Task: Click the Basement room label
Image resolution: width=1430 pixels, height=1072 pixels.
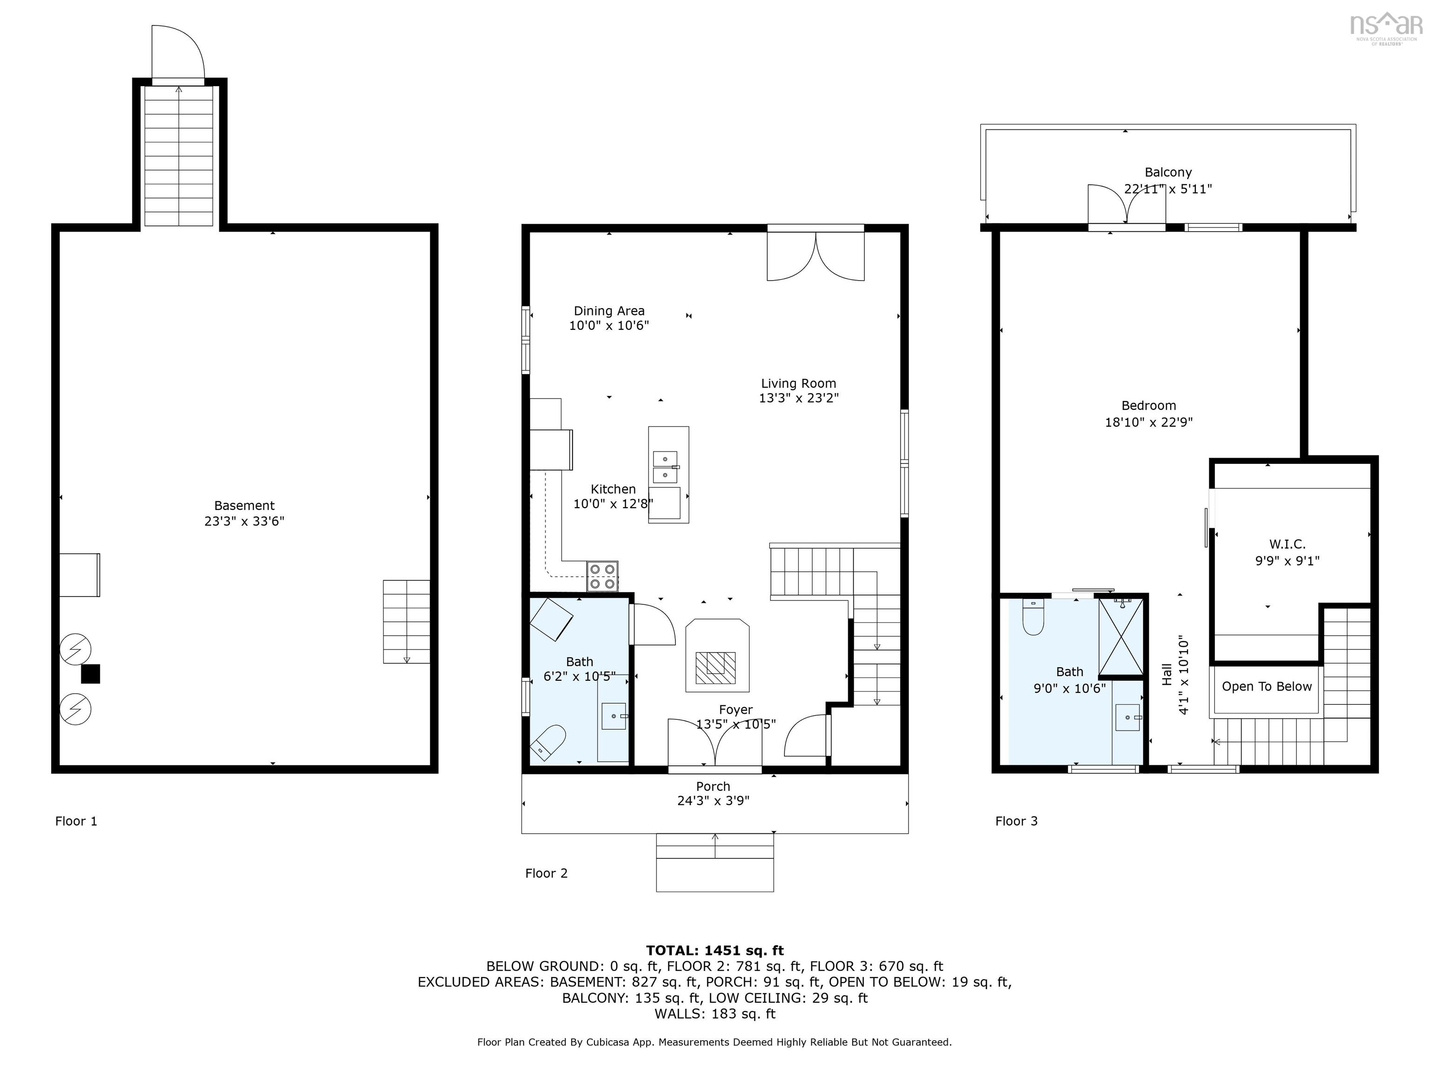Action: [x=244, y=506]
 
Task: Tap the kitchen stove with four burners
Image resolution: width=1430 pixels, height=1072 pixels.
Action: [x=602, y=576]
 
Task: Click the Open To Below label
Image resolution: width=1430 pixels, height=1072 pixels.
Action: [x=1267, y=687]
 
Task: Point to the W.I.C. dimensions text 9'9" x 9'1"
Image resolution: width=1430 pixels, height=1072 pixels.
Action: [x=1287, y=561]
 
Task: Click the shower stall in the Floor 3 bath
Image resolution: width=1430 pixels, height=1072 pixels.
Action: [x=1121, y=637]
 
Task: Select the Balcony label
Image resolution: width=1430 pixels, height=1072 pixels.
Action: [x=1167, y=173]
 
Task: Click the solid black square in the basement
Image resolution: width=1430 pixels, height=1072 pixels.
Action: [x=90, y=674]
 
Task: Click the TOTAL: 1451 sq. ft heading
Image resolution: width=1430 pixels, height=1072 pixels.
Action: [x=715, y=951]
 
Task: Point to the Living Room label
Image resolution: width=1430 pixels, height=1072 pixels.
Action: [x=798, y=384]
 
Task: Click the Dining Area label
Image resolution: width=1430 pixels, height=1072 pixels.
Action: [x=609, y=311]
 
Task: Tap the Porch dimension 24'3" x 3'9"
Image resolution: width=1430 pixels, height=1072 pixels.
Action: [x=713, y=801]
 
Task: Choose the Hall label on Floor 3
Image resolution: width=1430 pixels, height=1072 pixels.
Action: [x=1167, y=675]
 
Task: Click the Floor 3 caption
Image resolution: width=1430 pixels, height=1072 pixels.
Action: [x=1016, y=821]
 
